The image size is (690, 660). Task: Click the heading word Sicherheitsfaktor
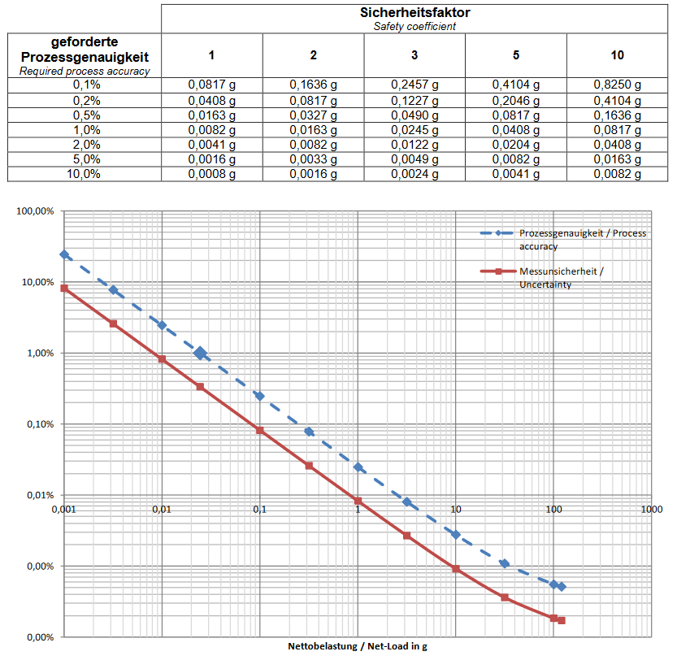coord(414,12)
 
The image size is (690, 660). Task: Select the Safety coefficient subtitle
coord(414,26)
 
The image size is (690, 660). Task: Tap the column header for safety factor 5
coord(516,55)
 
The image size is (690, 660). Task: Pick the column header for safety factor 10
coord(618,55)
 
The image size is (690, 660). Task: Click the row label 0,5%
coord(85,115)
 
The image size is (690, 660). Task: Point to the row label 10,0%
coord(85,174)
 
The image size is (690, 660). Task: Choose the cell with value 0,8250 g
coord(618,85)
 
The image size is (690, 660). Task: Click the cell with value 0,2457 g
coord(414,85)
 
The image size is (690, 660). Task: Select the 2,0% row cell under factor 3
coord(414,145)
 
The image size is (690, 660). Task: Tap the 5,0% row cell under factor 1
coord(212,159)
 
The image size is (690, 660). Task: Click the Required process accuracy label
coord(85,72)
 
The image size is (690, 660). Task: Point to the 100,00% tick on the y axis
coord(35,211)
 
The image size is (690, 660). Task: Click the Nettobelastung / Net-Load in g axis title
coord(358,647)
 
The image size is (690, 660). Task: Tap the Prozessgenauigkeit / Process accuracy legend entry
coord(582,239)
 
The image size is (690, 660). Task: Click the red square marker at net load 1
coord(358,501)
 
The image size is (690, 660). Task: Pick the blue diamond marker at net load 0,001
coord(64,254)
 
